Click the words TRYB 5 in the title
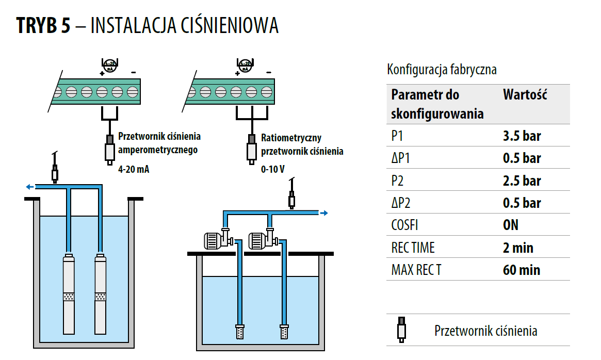pos(43,25)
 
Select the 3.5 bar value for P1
pos(522,136)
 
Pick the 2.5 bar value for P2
pos(522,181)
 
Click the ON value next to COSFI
pos(510,225)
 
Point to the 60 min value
pos(521,270)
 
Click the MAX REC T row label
pos(416,270)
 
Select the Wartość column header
pos(525,95)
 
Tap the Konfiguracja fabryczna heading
pos(442,70)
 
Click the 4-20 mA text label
pos(134,169)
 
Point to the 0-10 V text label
pos(273,169)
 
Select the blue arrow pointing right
pos(323,212)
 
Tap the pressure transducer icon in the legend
pos(400,329)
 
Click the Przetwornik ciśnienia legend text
pos(485,331)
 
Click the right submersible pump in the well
pos(101,294)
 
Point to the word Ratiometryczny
pos(291,138)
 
